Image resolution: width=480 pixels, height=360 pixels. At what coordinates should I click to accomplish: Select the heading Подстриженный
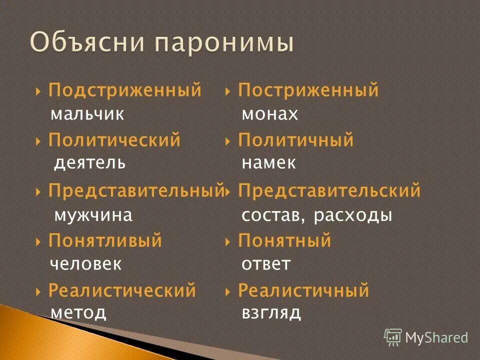click(x=124, y=90)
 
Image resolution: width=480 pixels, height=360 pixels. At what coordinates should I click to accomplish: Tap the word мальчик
click(x=87, y=114)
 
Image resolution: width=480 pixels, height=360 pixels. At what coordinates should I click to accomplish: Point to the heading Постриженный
click(x=308, y=90)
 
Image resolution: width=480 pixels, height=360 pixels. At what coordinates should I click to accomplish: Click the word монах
click(x=270, y=114)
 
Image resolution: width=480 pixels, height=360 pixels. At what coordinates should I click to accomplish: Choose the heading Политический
click(x=114, y=140)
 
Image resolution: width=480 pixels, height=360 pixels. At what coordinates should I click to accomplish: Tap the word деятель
click(x=89, y=162)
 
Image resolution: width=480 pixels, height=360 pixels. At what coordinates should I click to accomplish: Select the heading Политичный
click(x=295, y=140)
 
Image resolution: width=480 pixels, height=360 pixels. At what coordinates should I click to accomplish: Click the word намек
click(x=268, y=162)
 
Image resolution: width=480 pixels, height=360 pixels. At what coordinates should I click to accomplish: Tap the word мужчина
click(x=93, y=215)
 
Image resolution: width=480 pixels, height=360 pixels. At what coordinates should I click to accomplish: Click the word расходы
click(x=353, y=215)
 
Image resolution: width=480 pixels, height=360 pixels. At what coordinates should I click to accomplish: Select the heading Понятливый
click(x=105, y=241)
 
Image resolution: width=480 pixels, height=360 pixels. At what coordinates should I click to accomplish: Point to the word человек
click(x=86, y=263)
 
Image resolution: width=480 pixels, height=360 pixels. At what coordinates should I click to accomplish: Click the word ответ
click(x=266, y=263)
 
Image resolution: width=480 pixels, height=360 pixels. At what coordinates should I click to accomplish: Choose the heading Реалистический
click(x=122, y=290)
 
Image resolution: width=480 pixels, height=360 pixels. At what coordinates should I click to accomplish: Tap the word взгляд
click(x=271, y=313)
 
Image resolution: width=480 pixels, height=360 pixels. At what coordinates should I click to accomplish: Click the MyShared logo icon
click(x=392, y=336)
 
